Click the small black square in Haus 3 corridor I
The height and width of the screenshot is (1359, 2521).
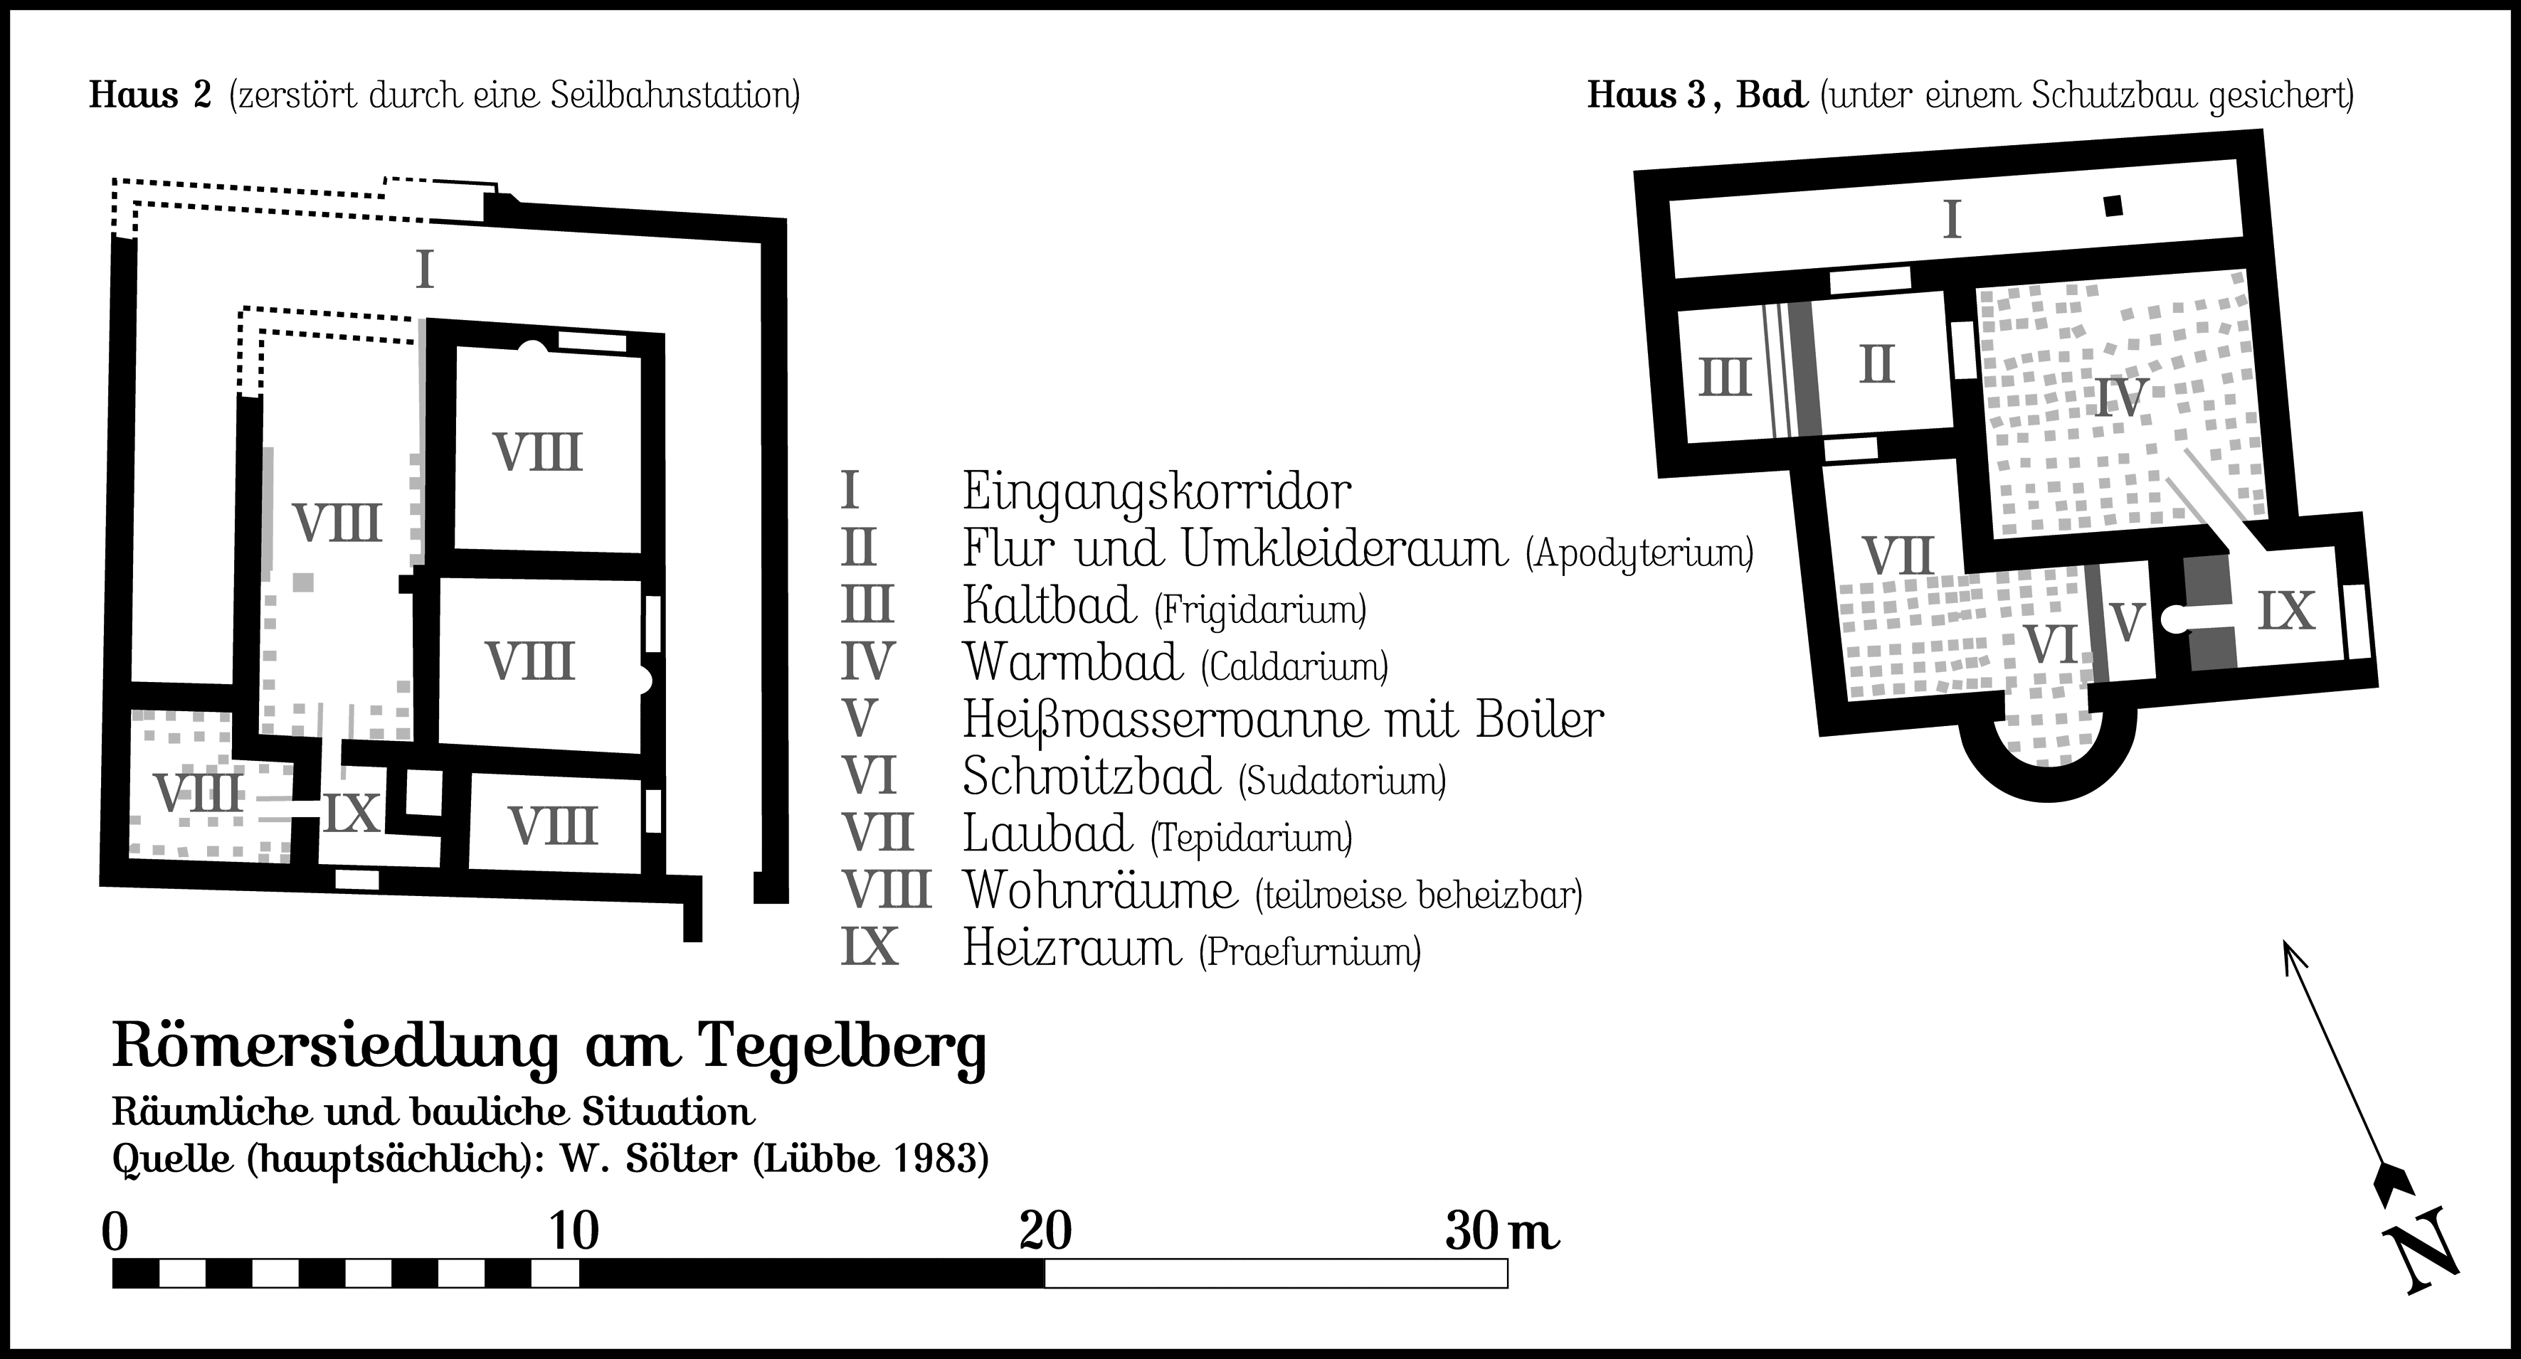pos(2113,206)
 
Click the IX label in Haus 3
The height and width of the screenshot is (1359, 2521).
pos(2286,612)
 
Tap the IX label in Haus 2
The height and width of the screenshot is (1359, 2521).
pos(352,813)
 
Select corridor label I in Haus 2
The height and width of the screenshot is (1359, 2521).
pos(424,270)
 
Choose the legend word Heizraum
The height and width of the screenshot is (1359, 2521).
pos(1072,948)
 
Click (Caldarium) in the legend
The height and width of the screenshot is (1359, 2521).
pos(1294,667)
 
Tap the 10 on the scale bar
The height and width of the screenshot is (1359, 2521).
pos(574,1231)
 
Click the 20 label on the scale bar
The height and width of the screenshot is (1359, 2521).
pos(1045,1231)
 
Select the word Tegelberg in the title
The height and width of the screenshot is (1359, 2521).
pos(842,1048)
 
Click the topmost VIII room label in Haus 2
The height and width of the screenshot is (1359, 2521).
pos(537,453)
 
